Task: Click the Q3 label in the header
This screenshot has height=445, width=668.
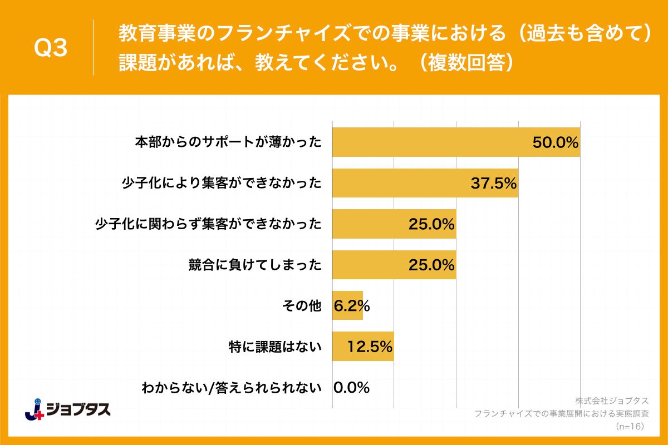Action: tap(51, 48)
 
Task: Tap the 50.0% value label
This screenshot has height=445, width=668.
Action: tap(556, 142)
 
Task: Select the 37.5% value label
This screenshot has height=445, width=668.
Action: tap(494, 183)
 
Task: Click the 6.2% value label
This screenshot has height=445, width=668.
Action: tap(351, 306)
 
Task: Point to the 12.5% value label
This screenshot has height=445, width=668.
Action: tap(370, 347)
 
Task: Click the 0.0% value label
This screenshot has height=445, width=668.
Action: tap(351, 388)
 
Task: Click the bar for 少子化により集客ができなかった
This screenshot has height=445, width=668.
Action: tap(401, 183)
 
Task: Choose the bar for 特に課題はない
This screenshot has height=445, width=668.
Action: tap(341, 347)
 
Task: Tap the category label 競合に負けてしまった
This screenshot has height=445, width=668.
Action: tap(256, 265)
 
